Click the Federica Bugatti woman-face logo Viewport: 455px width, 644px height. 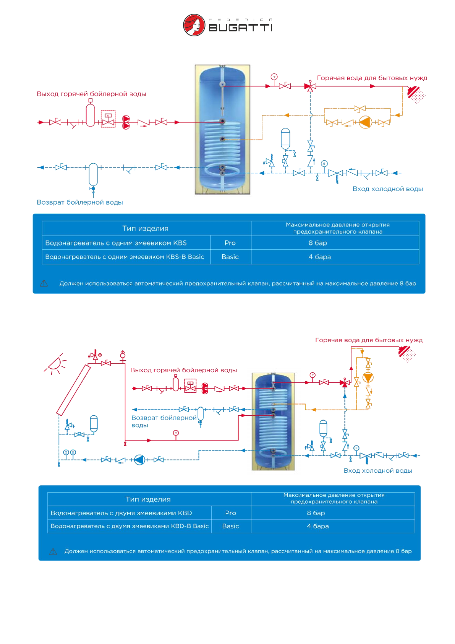click(194, 25)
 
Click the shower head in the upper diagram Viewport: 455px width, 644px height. click(415, 94)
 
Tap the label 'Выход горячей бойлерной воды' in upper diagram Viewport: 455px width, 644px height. click(91, 94)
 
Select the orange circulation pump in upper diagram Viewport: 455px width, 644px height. click(365, 122)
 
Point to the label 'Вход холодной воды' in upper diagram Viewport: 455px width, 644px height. click(387, 189)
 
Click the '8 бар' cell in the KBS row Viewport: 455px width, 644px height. click(317, 243)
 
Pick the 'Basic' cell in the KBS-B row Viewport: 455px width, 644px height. click(230, 257)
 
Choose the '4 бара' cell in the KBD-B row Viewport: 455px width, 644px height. click(317, 526)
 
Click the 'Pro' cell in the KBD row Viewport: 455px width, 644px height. click(230, 513)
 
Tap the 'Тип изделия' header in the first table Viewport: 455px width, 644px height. click(145, 228)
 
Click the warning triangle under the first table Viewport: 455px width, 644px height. click(44, 283)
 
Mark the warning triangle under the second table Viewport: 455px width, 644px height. click(53, 551)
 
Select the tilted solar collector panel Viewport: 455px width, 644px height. click(73, 390)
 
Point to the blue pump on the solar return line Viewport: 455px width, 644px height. click(139, 460)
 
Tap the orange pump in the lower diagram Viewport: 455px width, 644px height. click(368, 377)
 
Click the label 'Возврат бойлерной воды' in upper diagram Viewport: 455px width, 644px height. click(80, 202)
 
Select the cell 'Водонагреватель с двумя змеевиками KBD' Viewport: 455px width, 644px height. click(121, 513)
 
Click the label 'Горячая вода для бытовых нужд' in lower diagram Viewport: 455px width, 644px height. click(369, 340)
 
